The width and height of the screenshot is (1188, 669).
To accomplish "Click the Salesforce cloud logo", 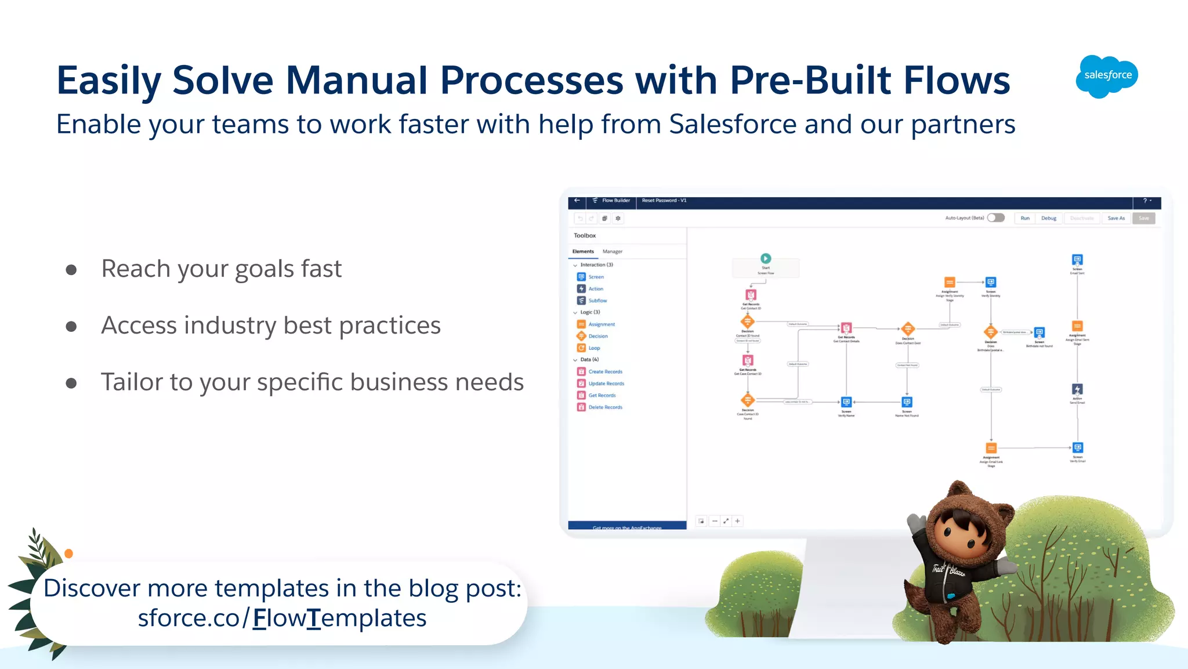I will tap(1107, 76).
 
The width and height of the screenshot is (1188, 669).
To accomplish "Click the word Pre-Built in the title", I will tap(810, 80).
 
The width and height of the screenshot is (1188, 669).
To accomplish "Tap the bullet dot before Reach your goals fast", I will tap(71, 270).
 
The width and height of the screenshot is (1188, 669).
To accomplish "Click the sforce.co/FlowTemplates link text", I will tap(282, 619).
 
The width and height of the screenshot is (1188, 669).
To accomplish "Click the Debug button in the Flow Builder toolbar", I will tap(1048, 218).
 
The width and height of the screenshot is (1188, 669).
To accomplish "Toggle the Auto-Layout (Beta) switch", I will tap(996, 218).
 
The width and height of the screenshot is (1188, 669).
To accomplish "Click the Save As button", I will tap(1115, 218).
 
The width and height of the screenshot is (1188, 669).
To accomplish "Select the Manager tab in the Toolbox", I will tap(612, 251).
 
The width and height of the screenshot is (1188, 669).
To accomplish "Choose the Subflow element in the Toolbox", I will tap(597, 301).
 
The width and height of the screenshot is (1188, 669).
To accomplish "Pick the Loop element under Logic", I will tap(594, 348).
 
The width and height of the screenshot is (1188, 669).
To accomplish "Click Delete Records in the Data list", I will tap(605, 407).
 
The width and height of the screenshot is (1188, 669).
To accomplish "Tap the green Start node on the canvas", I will tap(766, 258).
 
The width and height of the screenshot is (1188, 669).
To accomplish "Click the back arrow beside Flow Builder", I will tap(577, 200).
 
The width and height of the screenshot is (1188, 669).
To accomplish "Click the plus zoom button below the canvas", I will tap(737, 521).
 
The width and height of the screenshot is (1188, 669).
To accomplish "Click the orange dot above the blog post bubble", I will tap(69, 554).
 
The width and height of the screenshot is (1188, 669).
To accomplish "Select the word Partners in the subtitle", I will tap(963, 125).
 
